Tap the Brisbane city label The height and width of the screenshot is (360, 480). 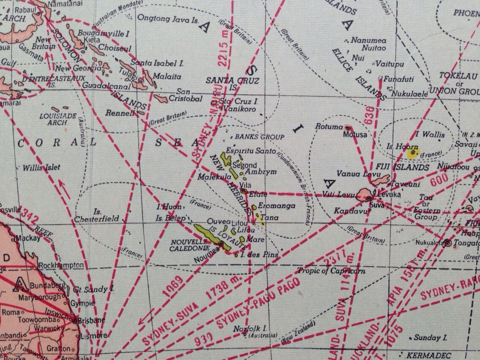pos(91,320)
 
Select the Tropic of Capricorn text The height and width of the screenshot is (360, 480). pos(331,270)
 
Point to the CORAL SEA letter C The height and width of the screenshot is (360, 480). pos(21,142)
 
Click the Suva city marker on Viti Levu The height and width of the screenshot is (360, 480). pos(369,198)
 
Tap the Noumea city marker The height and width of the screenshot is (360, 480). pos(221,244)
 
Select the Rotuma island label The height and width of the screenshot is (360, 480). pos(329,126)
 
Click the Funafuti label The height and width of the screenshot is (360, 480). pos(398,79)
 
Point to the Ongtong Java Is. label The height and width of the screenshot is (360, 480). pos(168,18)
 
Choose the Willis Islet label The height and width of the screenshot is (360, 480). pos(41,167)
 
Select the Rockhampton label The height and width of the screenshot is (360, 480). pos(61,265)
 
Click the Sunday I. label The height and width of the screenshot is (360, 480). pos(430,338)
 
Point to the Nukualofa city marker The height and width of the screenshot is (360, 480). pos(447,243)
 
